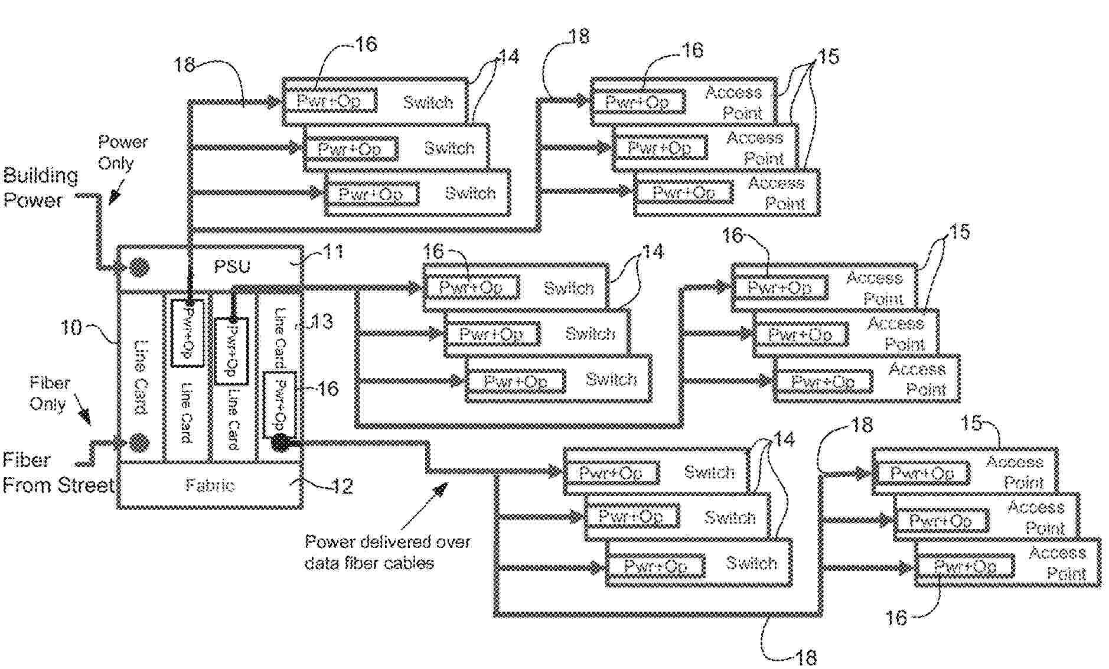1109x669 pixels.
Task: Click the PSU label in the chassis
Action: point(231,266)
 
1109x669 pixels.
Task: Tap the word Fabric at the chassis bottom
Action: point(210,485)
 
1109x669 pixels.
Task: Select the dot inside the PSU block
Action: point(139,267)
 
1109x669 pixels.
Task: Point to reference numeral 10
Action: point(71,327)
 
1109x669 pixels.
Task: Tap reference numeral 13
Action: point(322,322)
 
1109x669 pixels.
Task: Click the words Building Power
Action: point(40,188)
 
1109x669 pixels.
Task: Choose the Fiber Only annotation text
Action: point(49,393)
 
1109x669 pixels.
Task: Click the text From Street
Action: point(58,485)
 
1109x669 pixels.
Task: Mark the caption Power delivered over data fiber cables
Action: point(387,552)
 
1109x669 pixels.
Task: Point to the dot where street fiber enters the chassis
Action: point(139,442)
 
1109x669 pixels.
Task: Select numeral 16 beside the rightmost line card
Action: point(328,389)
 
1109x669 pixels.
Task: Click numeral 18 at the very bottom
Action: point(805,657)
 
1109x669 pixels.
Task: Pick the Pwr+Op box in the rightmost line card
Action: point(279,404)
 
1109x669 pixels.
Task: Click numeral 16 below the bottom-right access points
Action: point(895,618)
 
